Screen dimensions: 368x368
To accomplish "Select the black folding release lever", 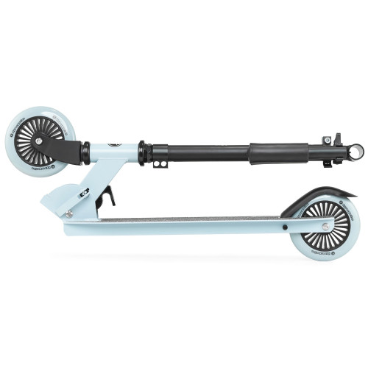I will click(108, 197).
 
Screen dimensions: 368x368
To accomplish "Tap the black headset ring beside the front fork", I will click(86, 152).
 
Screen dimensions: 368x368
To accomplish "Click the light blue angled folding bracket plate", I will click(110, 173).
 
